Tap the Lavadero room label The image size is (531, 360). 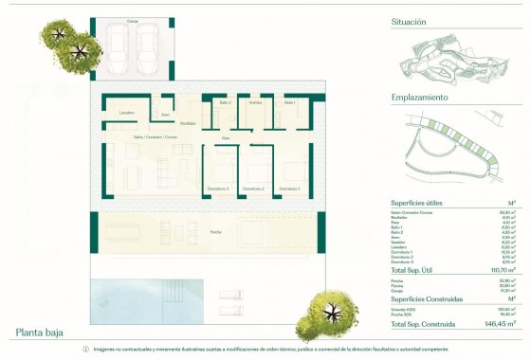pyautogui.click(x=127, y=112)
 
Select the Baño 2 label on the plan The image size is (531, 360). pyautogui.click(x=224, y=102)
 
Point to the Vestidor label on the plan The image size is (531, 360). pyautogui.click(x=255, y=102)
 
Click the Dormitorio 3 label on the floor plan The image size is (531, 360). pyautogui.click(x=218, y=189)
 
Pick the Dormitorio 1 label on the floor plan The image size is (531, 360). pyautogui.click(x=288, y=189)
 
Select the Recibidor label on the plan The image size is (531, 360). pyautogui.click(x=189, y=122)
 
